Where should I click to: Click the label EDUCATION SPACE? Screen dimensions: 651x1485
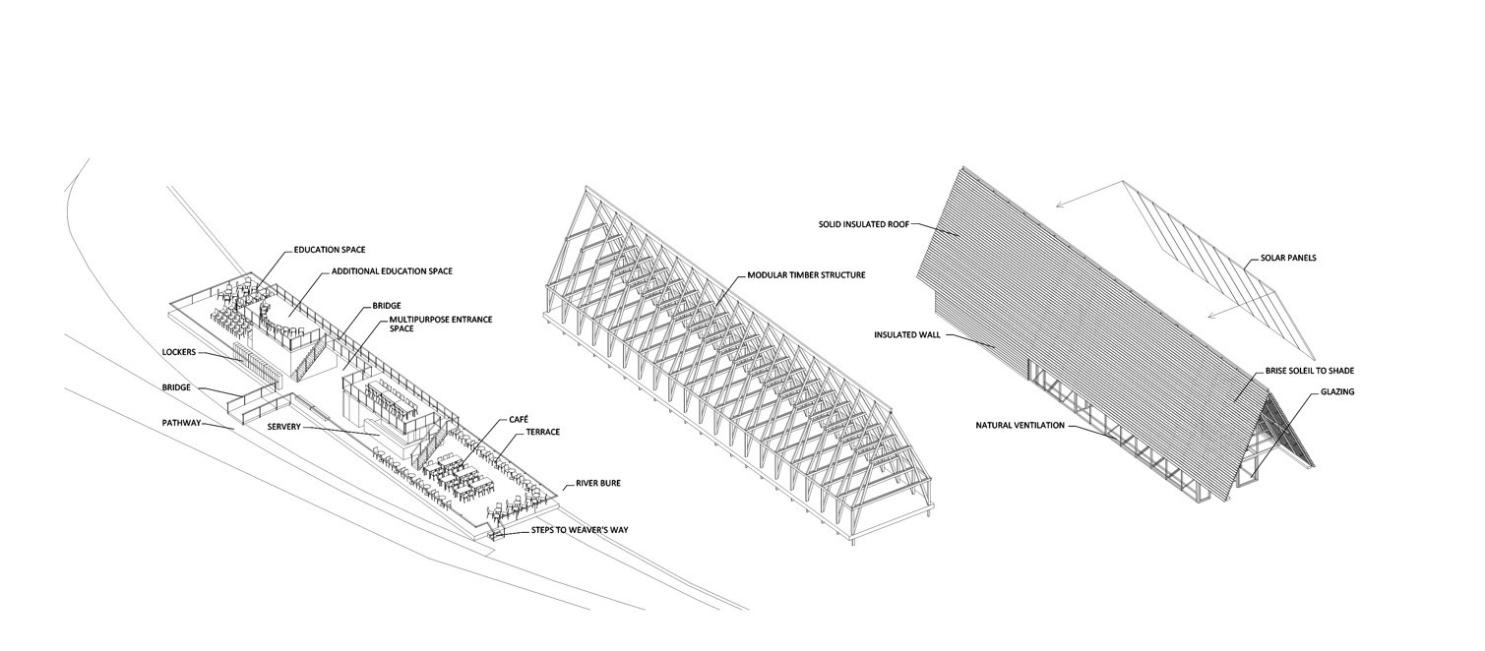(330, 251)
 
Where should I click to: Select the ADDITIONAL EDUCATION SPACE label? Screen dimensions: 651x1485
(391, 270)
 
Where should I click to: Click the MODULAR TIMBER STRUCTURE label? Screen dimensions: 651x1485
(806, 275)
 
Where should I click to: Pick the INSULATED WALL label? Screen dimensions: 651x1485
(907, 335)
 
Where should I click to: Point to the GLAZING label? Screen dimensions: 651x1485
(1337, 392)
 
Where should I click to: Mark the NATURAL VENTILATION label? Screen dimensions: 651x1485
(1022, 426)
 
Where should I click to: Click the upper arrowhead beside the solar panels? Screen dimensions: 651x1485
(1055, 206)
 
